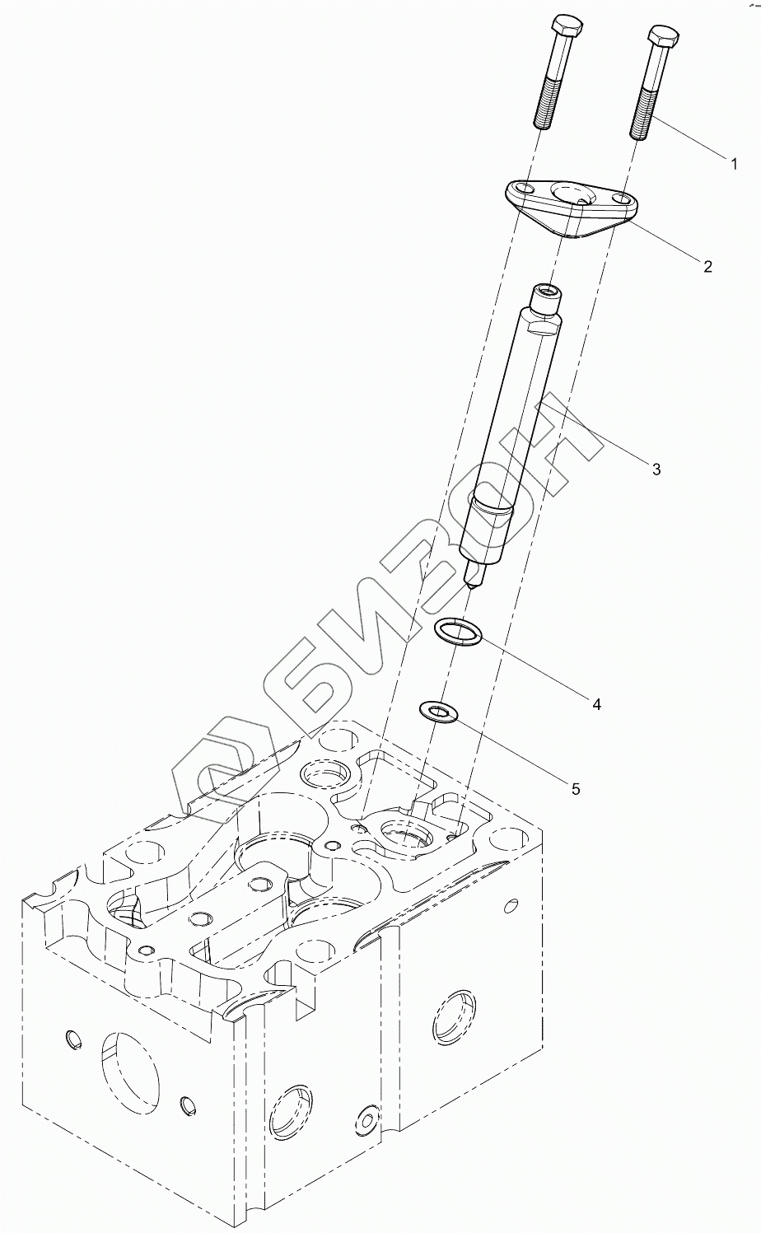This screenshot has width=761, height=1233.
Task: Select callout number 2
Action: coord(707,266)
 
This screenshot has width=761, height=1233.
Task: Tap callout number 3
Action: coord(656,469)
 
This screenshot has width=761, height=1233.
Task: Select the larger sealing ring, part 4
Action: coord(460,632)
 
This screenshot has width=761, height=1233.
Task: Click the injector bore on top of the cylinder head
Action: coord(404,835)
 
